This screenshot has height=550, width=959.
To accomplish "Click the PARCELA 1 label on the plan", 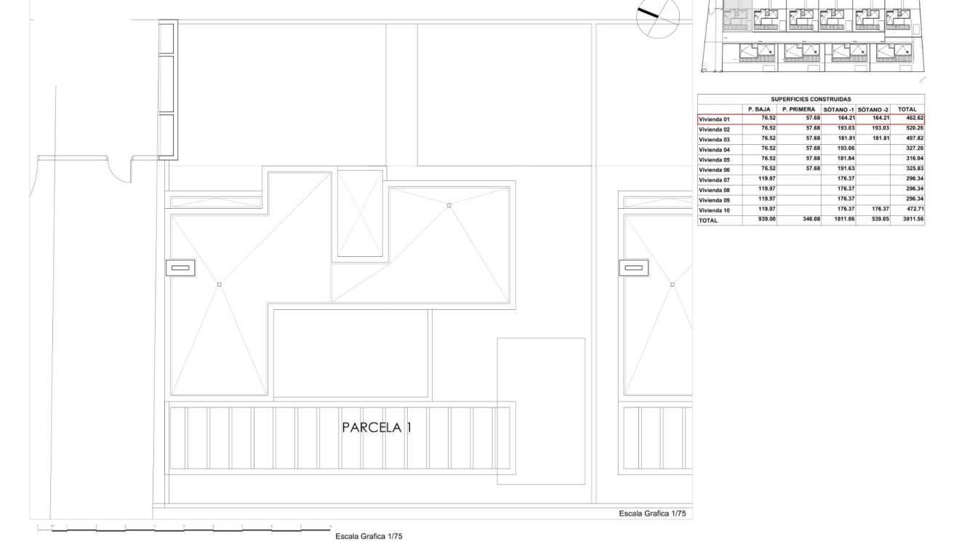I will point(377,428).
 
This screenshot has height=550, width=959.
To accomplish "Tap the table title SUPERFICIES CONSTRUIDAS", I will point(811,100).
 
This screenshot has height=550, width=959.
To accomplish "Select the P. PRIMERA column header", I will point(798,109).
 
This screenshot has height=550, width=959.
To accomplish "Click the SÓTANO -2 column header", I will point(873,109).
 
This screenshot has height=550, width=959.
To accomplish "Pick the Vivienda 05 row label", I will point(714,159).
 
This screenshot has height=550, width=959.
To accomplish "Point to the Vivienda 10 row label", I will point(714,210).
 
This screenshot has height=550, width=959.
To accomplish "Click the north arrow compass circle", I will point(657,18).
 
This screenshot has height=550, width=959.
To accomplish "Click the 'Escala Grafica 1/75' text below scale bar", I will point(369,536).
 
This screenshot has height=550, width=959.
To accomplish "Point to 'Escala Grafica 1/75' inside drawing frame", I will point(652,514).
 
